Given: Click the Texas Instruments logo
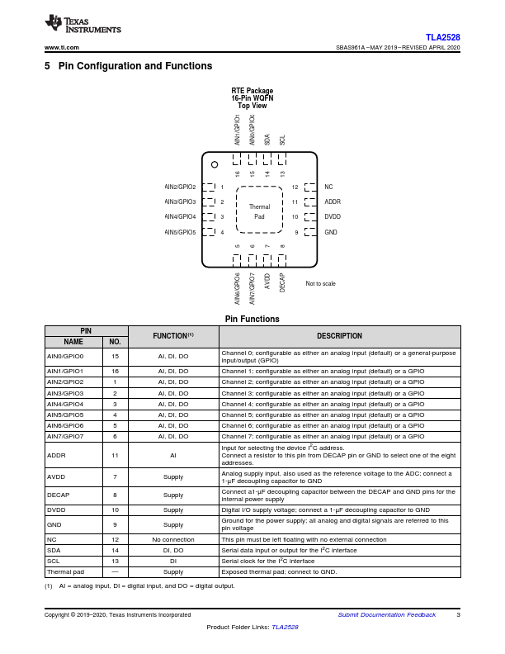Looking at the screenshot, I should [83, 25].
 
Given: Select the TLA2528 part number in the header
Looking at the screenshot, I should [443, 37].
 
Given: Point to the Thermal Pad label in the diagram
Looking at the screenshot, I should [259, 211].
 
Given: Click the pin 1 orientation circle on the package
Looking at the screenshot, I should [215, 163].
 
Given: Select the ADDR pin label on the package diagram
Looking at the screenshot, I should [333, 201].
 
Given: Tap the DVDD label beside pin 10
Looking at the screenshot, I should [333, 216].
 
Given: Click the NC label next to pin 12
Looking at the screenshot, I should [328, 187].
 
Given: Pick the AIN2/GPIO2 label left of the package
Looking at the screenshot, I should [181, 187].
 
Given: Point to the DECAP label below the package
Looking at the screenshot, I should [282, 282].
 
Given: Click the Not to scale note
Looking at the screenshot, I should [320, 283].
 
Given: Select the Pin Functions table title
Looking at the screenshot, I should [252, 319].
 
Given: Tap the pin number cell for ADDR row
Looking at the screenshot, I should [115, 454].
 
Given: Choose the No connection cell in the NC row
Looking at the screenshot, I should [173, 539].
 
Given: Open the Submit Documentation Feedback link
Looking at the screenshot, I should [387, 615].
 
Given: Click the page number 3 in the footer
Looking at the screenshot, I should [458, 615].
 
